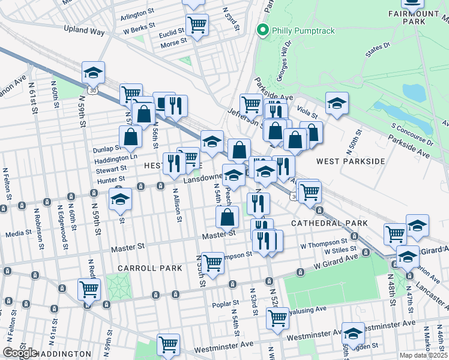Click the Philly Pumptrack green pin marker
click(x=262, y=30)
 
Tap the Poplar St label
click(x=226, y=305)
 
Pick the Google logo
click(x=20, y=352)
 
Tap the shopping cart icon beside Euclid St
click(x=197, y=25)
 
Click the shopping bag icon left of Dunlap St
click(x=130, y=137)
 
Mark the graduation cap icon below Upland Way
click(x=94, y=72)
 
